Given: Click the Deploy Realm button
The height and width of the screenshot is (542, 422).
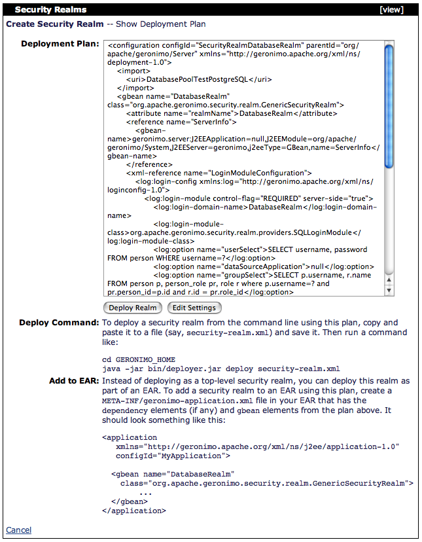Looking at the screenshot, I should click(133, 308).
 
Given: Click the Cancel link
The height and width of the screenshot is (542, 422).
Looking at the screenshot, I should click(18, 530).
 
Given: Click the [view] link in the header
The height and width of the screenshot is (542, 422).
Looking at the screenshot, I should click(391, 10).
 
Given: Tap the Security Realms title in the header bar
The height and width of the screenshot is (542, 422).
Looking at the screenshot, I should click(50, 10).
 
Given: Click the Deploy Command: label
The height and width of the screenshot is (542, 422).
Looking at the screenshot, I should click(59, 323).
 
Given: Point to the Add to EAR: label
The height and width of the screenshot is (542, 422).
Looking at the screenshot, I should click(74, 380).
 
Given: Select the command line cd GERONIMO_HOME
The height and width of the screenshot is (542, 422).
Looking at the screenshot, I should click(138, 359).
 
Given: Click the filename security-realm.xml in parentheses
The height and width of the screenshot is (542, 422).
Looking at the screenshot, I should click(225, 333).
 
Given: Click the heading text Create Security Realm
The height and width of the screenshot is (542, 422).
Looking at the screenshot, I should click(55, 24).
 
